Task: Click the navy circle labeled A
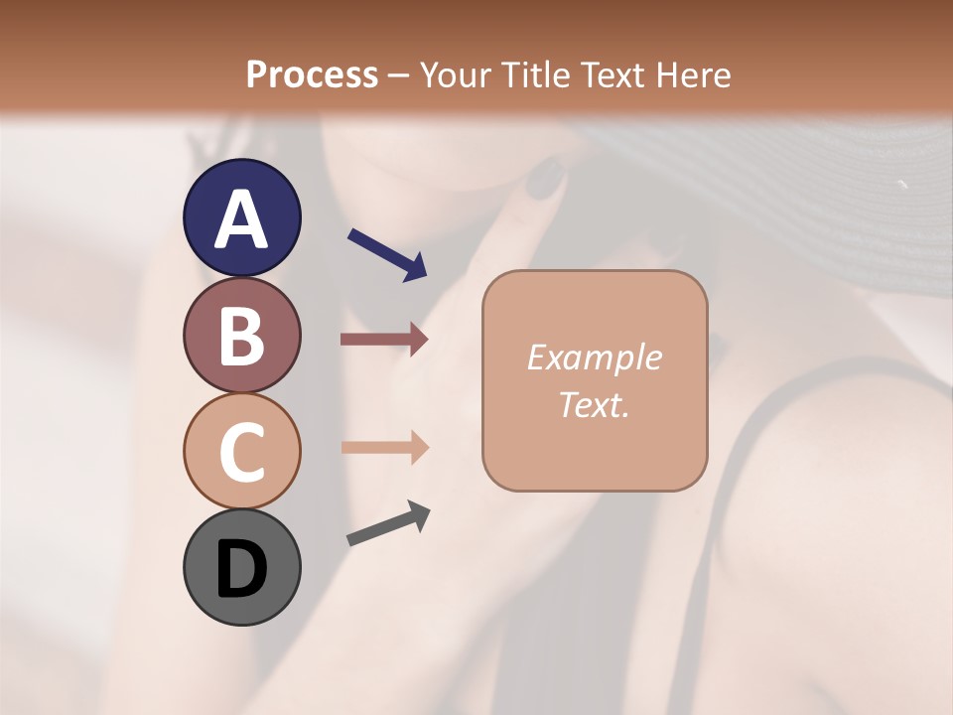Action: point(241,217)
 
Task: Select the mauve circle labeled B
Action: point(241,335)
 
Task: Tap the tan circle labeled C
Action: point(241,451)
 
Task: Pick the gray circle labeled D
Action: point(241,567)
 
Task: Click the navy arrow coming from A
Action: point(387,254)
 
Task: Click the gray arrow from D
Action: point(388,523)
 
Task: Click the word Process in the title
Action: point(312,74)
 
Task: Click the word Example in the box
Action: point(594,357)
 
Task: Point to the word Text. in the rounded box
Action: point(594,404)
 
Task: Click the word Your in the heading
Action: point(454,74)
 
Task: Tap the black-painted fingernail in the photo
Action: point(544,182)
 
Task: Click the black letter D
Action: point(241,569)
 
